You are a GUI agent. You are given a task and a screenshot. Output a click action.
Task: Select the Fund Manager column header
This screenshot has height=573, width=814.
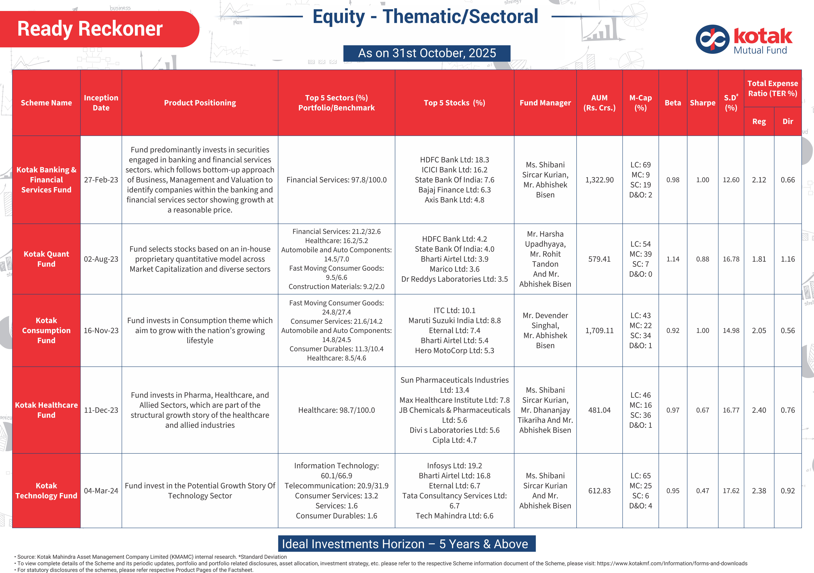(545, 103)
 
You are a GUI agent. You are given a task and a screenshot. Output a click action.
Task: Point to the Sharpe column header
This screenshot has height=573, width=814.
(702, 103)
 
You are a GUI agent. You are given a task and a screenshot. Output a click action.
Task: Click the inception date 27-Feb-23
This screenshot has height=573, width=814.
(101, 180)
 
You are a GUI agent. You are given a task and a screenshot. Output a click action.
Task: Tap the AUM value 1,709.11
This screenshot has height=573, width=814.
(599, 330)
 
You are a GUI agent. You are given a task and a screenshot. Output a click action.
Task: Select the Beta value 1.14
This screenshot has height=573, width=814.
(673, 259)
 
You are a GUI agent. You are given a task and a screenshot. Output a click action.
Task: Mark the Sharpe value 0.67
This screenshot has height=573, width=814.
(702, 410)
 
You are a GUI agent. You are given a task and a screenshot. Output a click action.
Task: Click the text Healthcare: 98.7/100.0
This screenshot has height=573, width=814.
(337, 410)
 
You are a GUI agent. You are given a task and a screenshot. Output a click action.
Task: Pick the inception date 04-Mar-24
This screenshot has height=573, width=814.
(101, 491)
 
